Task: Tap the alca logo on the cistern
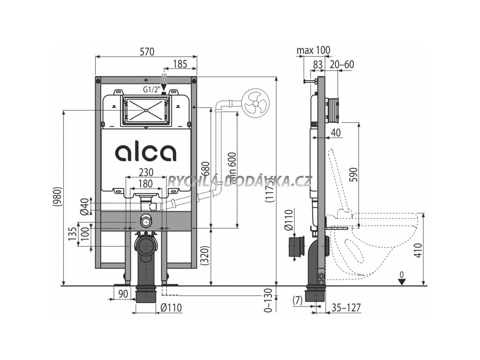point(146,152)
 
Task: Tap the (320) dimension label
point(203,256)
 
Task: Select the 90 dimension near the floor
point(123,293)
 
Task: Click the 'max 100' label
point(314,50)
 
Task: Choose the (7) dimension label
point(297,299)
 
